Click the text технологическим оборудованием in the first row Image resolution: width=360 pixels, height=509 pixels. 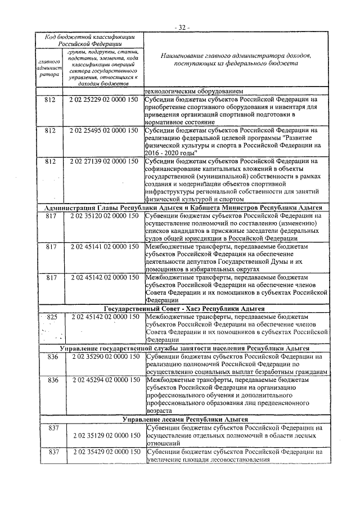click(195, 92)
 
